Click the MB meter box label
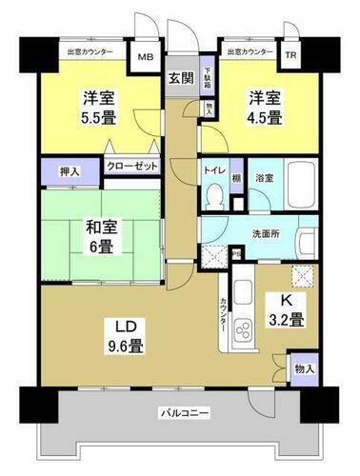tap(145, 57)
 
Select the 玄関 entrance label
tap(179, 79)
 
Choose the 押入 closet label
tap(58, 173)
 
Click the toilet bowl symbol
tap(214, 195)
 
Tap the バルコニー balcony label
tap(176, 412)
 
